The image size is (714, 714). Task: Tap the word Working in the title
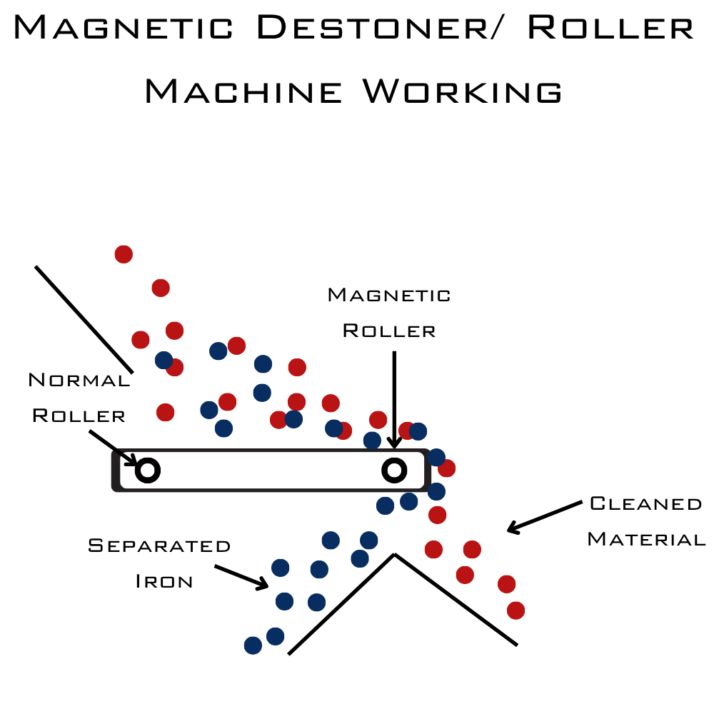click(462, 92)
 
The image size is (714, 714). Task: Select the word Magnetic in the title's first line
click(123, 28)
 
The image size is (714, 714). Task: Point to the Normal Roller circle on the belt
click(148, 470)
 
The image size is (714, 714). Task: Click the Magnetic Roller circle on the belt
click(394, 469)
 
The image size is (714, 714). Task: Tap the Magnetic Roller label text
click(389, 313)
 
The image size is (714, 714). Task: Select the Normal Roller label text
click(79, 398)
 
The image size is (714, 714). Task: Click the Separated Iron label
click(160, 563)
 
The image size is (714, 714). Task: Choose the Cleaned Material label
click(645, 521)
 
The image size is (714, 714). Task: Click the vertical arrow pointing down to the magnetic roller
click(394, 393)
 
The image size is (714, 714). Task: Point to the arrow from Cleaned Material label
click(544, 516)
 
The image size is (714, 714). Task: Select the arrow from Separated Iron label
click(241, 577)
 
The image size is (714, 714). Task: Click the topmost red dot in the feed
click(124, 253)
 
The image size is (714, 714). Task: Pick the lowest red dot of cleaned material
click(516, 610)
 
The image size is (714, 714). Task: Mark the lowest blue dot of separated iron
click(253, 645)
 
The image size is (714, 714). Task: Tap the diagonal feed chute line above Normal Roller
click(84, 318)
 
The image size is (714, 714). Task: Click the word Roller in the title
click(610, 28)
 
